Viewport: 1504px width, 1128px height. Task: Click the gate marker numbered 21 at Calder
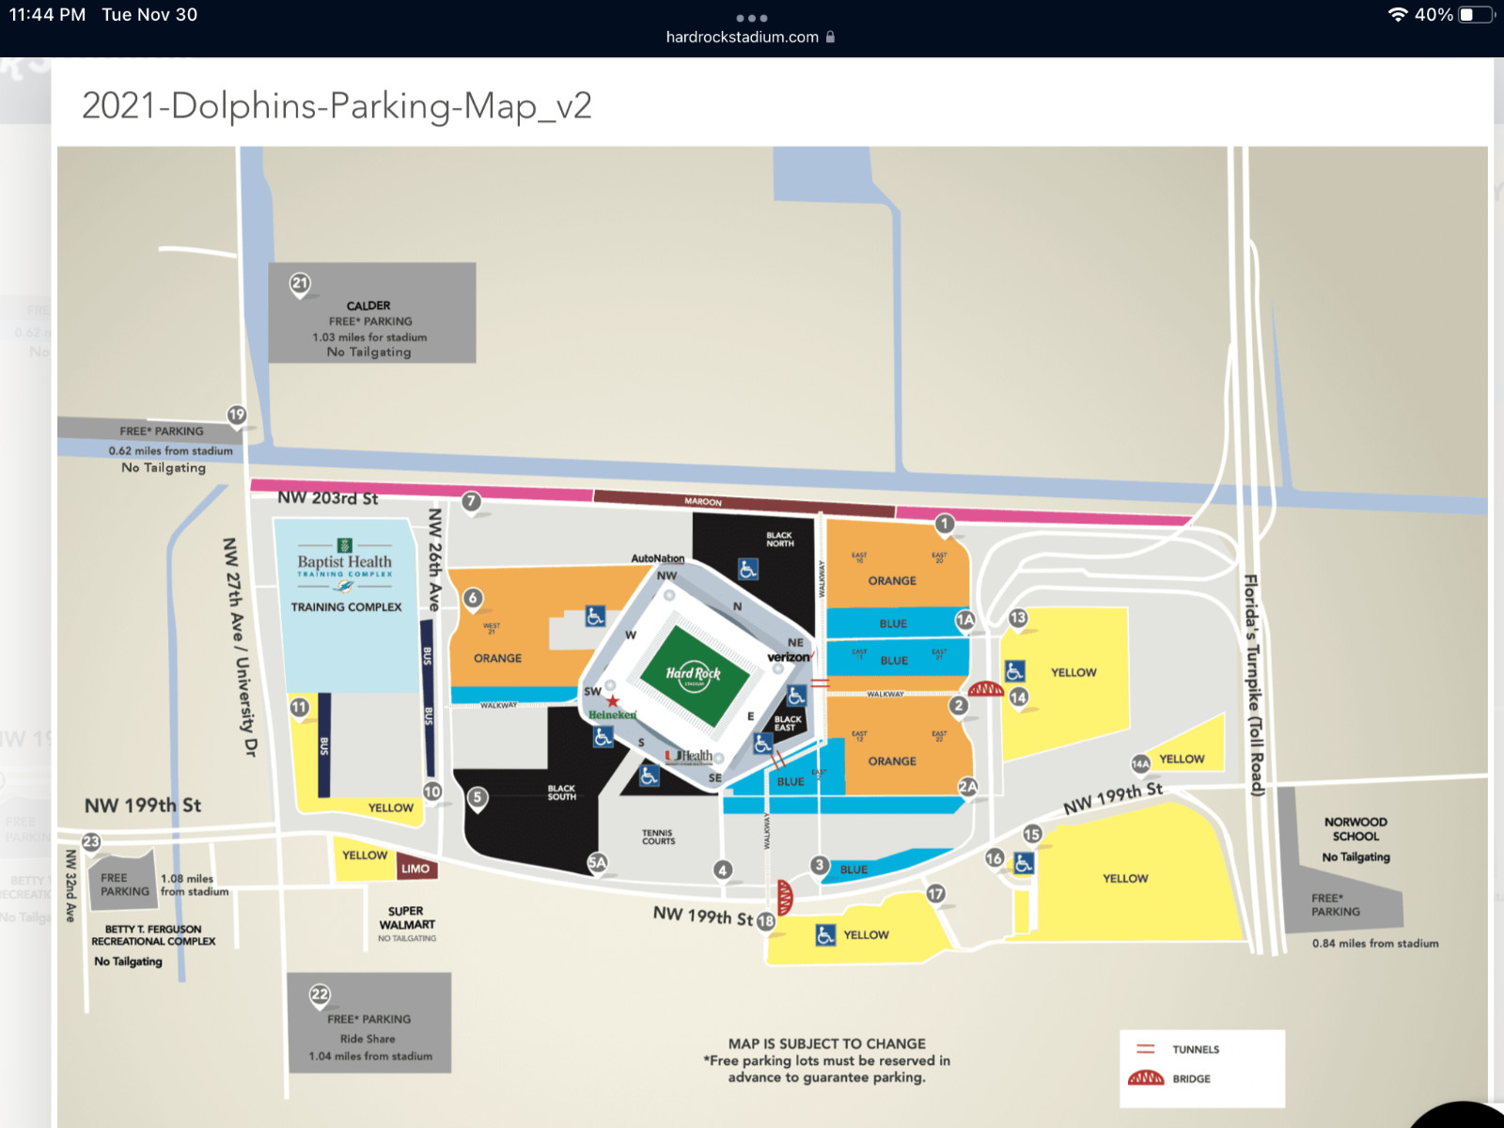coord(300,283)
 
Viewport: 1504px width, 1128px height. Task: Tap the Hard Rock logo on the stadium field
coord(694,673)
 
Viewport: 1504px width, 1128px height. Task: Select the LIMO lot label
coord(415,869)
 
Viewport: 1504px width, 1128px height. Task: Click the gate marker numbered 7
coord(471,501)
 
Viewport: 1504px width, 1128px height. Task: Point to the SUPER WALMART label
coord(406,917)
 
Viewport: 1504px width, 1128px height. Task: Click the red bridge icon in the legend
coord(1146,1078)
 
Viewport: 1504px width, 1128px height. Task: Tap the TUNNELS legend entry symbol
coord(1146,1049)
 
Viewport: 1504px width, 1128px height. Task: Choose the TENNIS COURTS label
coord(658,837)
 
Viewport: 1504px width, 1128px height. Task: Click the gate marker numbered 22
coord(320,995)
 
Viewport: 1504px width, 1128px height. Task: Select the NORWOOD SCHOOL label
coord(1355,829)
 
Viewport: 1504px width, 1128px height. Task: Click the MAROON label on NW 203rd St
coord(703,502)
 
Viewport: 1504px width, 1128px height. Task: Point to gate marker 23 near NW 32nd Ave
coord(91,842)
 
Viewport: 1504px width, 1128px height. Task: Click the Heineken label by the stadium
coord(612,714)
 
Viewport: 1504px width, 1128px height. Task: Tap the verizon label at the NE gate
coord(790,657)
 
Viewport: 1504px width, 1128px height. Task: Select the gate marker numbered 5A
coord(597,862)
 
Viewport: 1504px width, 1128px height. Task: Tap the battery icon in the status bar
coord(1476,15)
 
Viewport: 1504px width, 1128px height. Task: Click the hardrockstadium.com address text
coord(742,38)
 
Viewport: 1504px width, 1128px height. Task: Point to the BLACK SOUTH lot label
coord(561,792)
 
